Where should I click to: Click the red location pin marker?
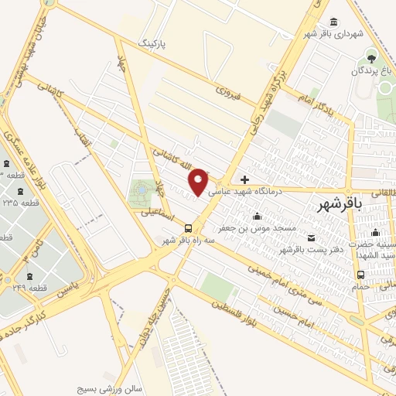pos(199,181)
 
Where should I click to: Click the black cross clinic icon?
pos(245,179)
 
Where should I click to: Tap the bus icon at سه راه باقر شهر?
pos(189,227)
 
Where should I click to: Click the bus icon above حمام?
pos(360,274)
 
